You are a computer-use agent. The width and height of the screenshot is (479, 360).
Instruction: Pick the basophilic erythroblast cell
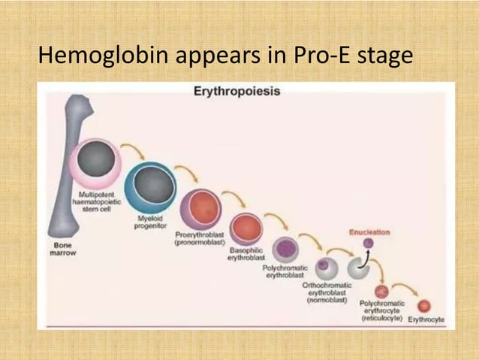pos(246,229)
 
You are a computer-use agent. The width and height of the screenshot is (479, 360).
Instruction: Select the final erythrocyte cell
pos(424,306)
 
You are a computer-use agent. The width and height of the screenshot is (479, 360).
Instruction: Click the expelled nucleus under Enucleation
pos(368,244)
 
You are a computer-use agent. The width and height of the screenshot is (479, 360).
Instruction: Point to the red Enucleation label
pos(369,232)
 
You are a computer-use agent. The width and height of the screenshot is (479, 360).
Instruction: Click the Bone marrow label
pos(64,249)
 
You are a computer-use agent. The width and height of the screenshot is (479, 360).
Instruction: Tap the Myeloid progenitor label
pos(151,222)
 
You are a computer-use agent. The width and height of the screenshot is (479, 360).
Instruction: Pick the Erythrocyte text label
pos(426,319)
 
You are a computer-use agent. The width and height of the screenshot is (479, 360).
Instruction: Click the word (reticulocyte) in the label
pos(381,319)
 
